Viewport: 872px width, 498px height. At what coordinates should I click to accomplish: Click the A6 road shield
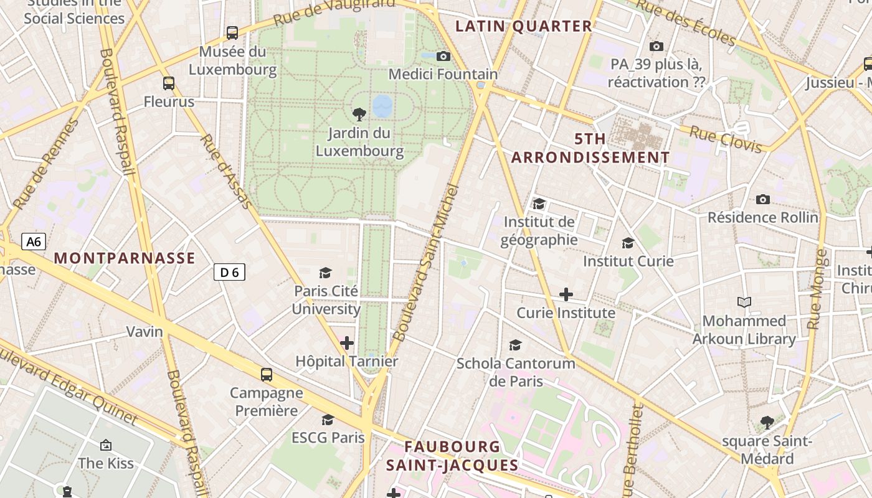pos(34,242)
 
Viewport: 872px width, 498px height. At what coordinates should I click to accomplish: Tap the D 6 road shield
pos(229,272)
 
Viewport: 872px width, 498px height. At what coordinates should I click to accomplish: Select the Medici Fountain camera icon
pos(443,57)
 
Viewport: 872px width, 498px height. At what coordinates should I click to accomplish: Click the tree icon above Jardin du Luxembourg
pos(359,114)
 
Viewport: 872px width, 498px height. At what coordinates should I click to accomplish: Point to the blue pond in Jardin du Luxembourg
pos(382,106)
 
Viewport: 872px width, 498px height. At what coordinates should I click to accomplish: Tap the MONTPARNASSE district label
pos(125,258)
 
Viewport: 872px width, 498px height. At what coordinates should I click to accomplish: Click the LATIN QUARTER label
pos(523,26)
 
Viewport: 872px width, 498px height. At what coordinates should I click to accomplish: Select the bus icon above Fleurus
pos(169,83)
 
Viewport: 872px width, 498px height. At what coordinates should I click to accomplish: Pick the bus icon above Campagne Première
pos(267,374)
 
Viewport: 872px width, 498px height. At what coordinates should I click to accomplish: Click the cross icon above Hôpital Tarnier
pos(347,343)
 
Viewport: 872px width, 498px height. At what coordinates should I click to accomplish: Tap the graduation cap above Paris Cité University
pos(325,273)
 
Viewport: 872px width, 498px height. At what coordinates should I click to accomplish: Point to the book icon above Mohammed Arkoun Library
pos(744,303)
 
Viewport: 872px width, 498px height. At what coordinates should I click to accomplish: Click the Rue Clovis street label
pos(726,139)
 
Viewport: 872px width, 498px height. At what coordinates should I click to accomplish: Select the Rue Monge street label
pos(817,289)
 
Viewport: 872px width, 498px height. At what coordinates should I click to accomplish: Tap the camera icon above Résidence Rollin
pos(762,200)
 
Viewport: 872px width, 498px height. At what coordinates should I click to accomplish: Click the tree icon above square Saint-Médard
pos(767,423)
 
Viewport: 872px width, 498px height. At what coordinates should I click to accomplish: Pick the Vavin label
pos(145,331)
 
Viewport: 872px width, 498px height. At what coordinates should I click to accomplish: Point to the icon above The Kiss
pos(106,445)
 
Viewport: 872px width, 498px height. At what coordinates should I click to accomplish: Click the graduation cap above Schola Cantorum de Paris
pos(515,345)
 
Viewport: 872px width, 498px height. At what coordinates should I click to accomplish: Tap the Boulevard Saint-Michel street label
pos(427,261)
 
